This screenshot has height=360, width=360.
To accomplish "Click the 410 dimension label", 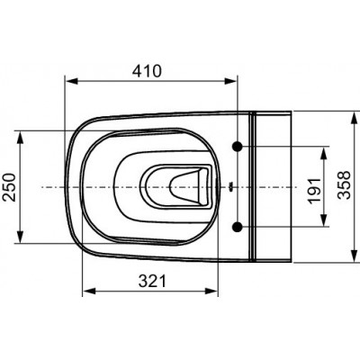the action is point(147,71).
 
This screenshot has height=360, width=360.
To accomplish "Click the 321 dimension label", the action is point(152,281).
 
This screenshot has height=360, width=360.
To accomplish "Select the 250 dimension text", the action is point(9,187).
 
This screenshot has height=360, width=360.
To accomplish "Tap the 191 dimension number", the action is point(314,191).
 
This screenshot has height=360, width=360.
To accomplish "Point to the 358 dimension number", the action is point(344,185).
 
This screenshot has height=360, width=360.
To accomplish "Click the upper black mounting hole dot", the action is point(238,146).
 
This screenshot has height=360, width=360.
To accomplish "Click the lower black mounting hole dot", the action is point(238,227).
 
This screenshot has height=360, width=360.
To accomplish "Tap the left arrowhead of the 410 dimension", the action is point(72,81).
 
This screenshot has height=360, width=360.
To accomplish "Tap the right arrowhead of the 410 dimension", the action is point(230,81).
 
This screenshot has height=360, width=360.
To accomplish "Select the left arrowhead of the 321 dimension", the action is point(89,291).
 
